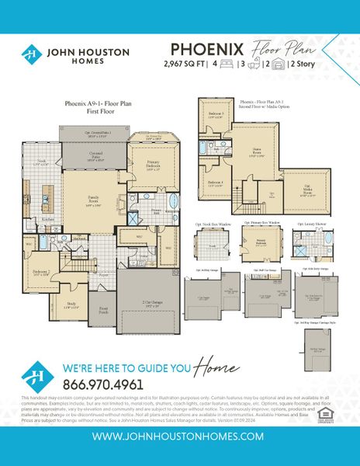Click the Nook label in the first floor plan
coord(43,162)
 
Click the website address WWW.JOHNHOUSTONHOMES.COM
coord(180,436)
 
